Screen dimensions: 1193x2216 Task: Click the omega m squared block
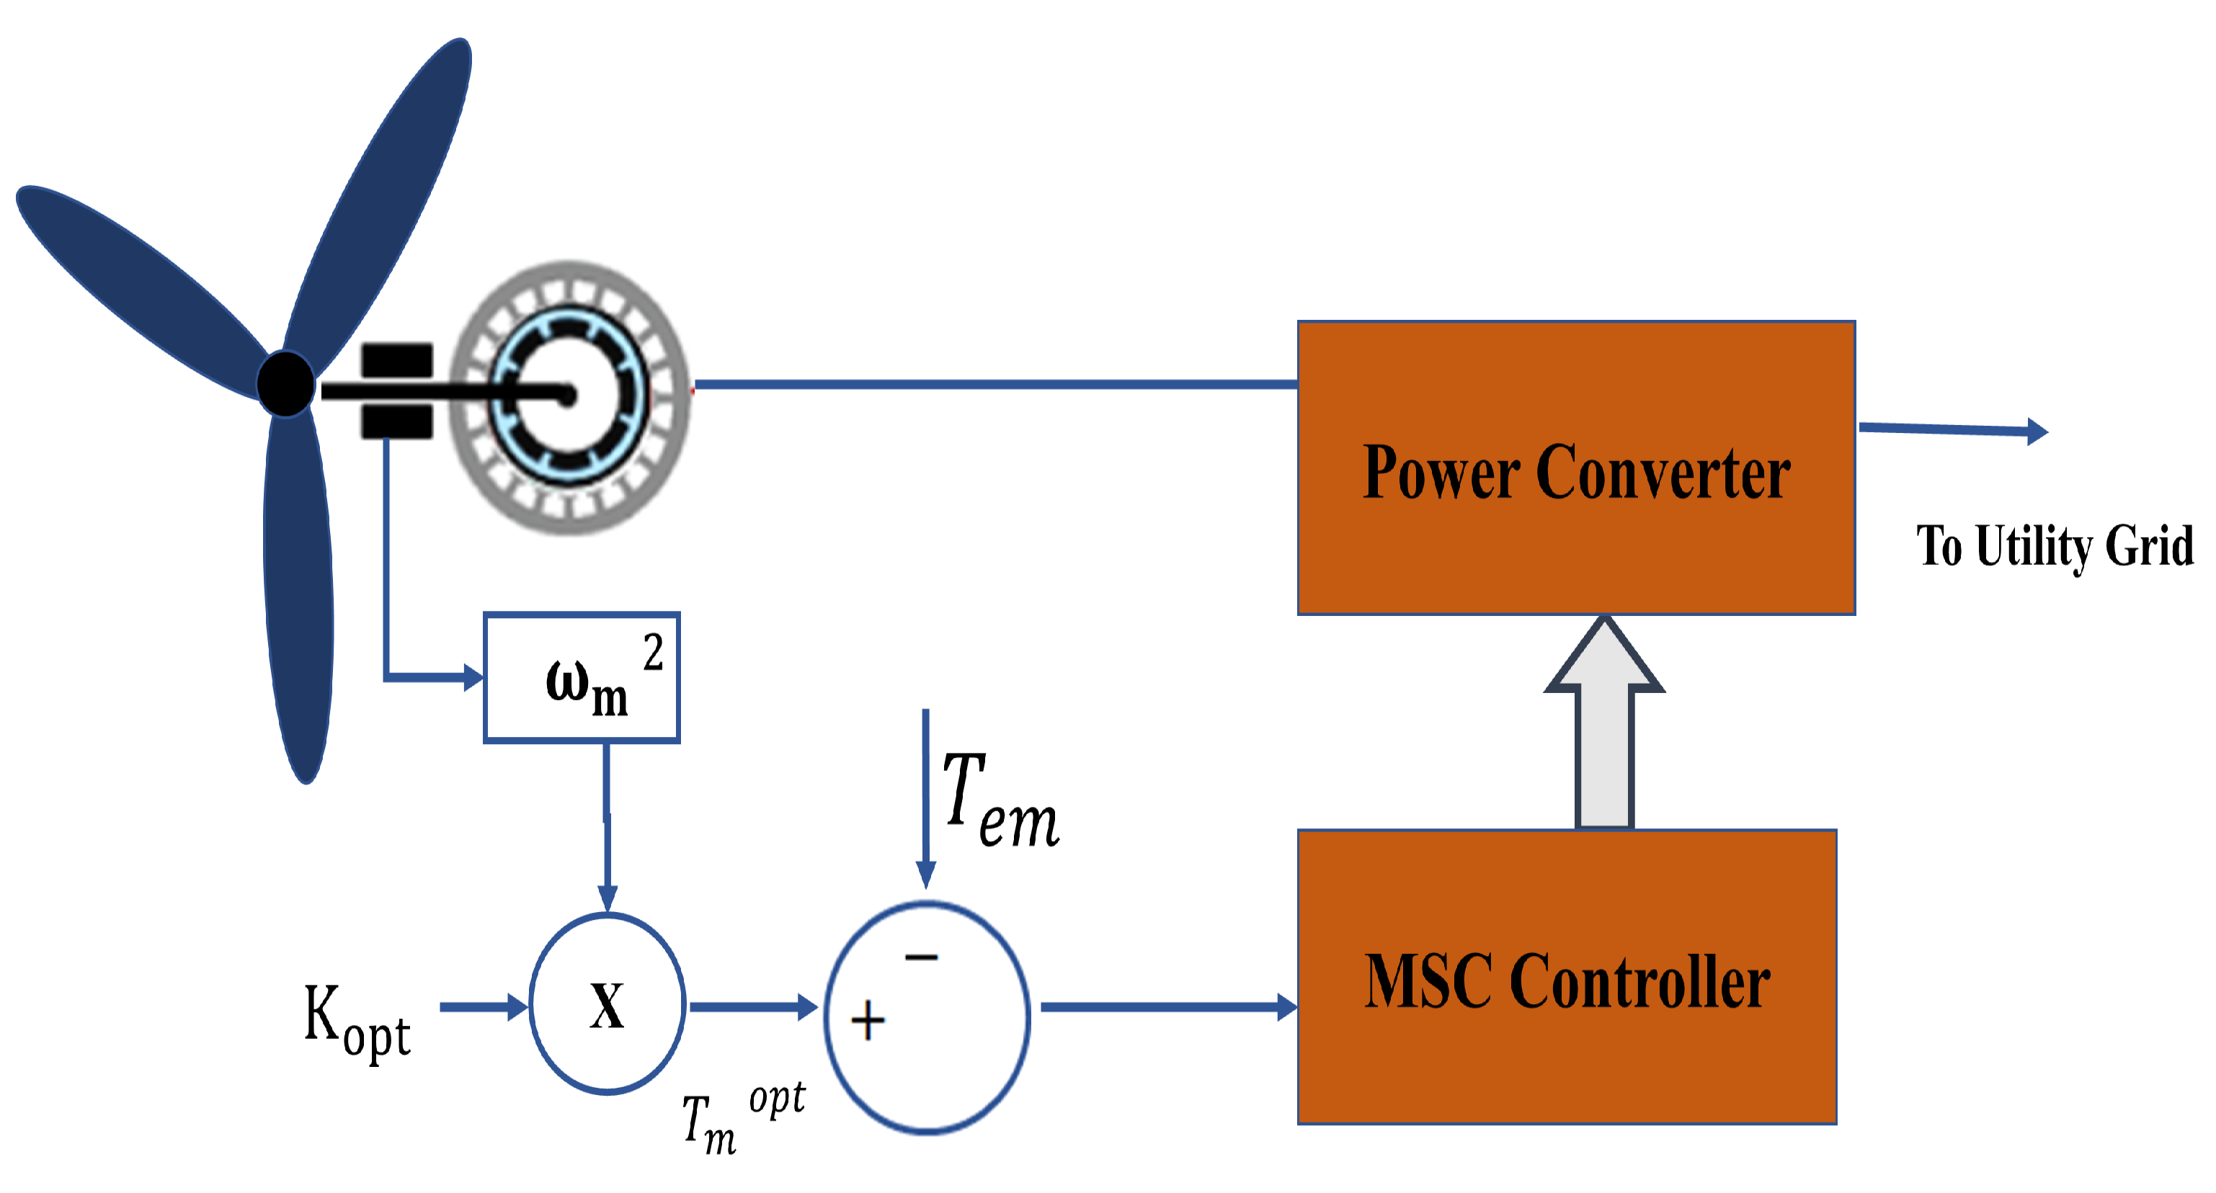(582, 678)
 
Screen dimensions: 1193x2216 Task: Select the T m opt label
(742, 1117)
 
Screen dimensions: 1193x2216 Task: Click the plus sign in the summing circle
(867, 1020)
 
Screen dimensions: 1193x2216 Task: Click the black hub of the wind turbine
(285, 383)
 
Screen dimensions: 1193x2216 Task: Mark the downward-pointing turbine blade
(298, 602)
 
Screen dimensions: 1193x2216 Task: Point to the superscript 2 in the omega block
(653, 651)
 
